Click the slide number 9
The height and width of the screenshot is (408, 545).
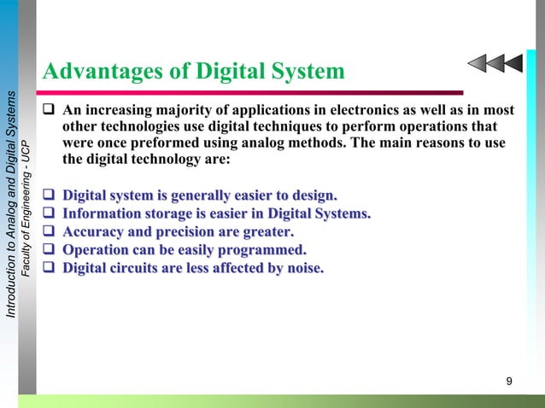[x=509, y=380]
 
